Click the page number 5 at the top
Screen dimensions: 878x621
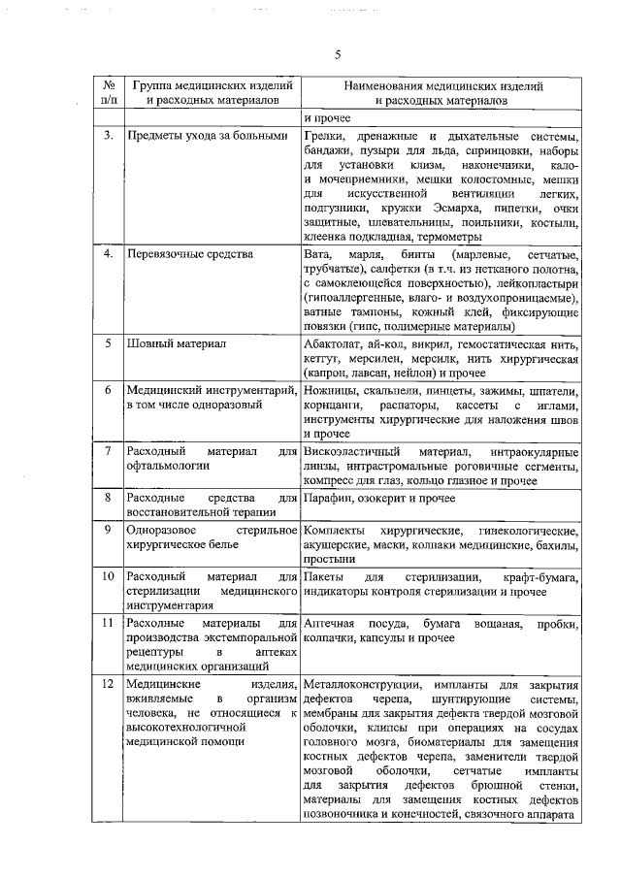click(x=336, y=55)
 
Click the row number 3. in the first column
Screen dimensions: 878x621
click(x=109, y=136)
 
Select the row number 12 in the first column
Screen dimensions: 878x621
click(x=109, y=686)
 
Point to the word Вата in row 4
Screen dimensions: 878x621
click(x=317, y=254)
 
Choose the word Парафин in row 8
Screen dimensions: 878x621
click(x=328, y=498)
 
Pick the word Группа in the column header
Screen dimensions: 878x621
click(x=153, y=85)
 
